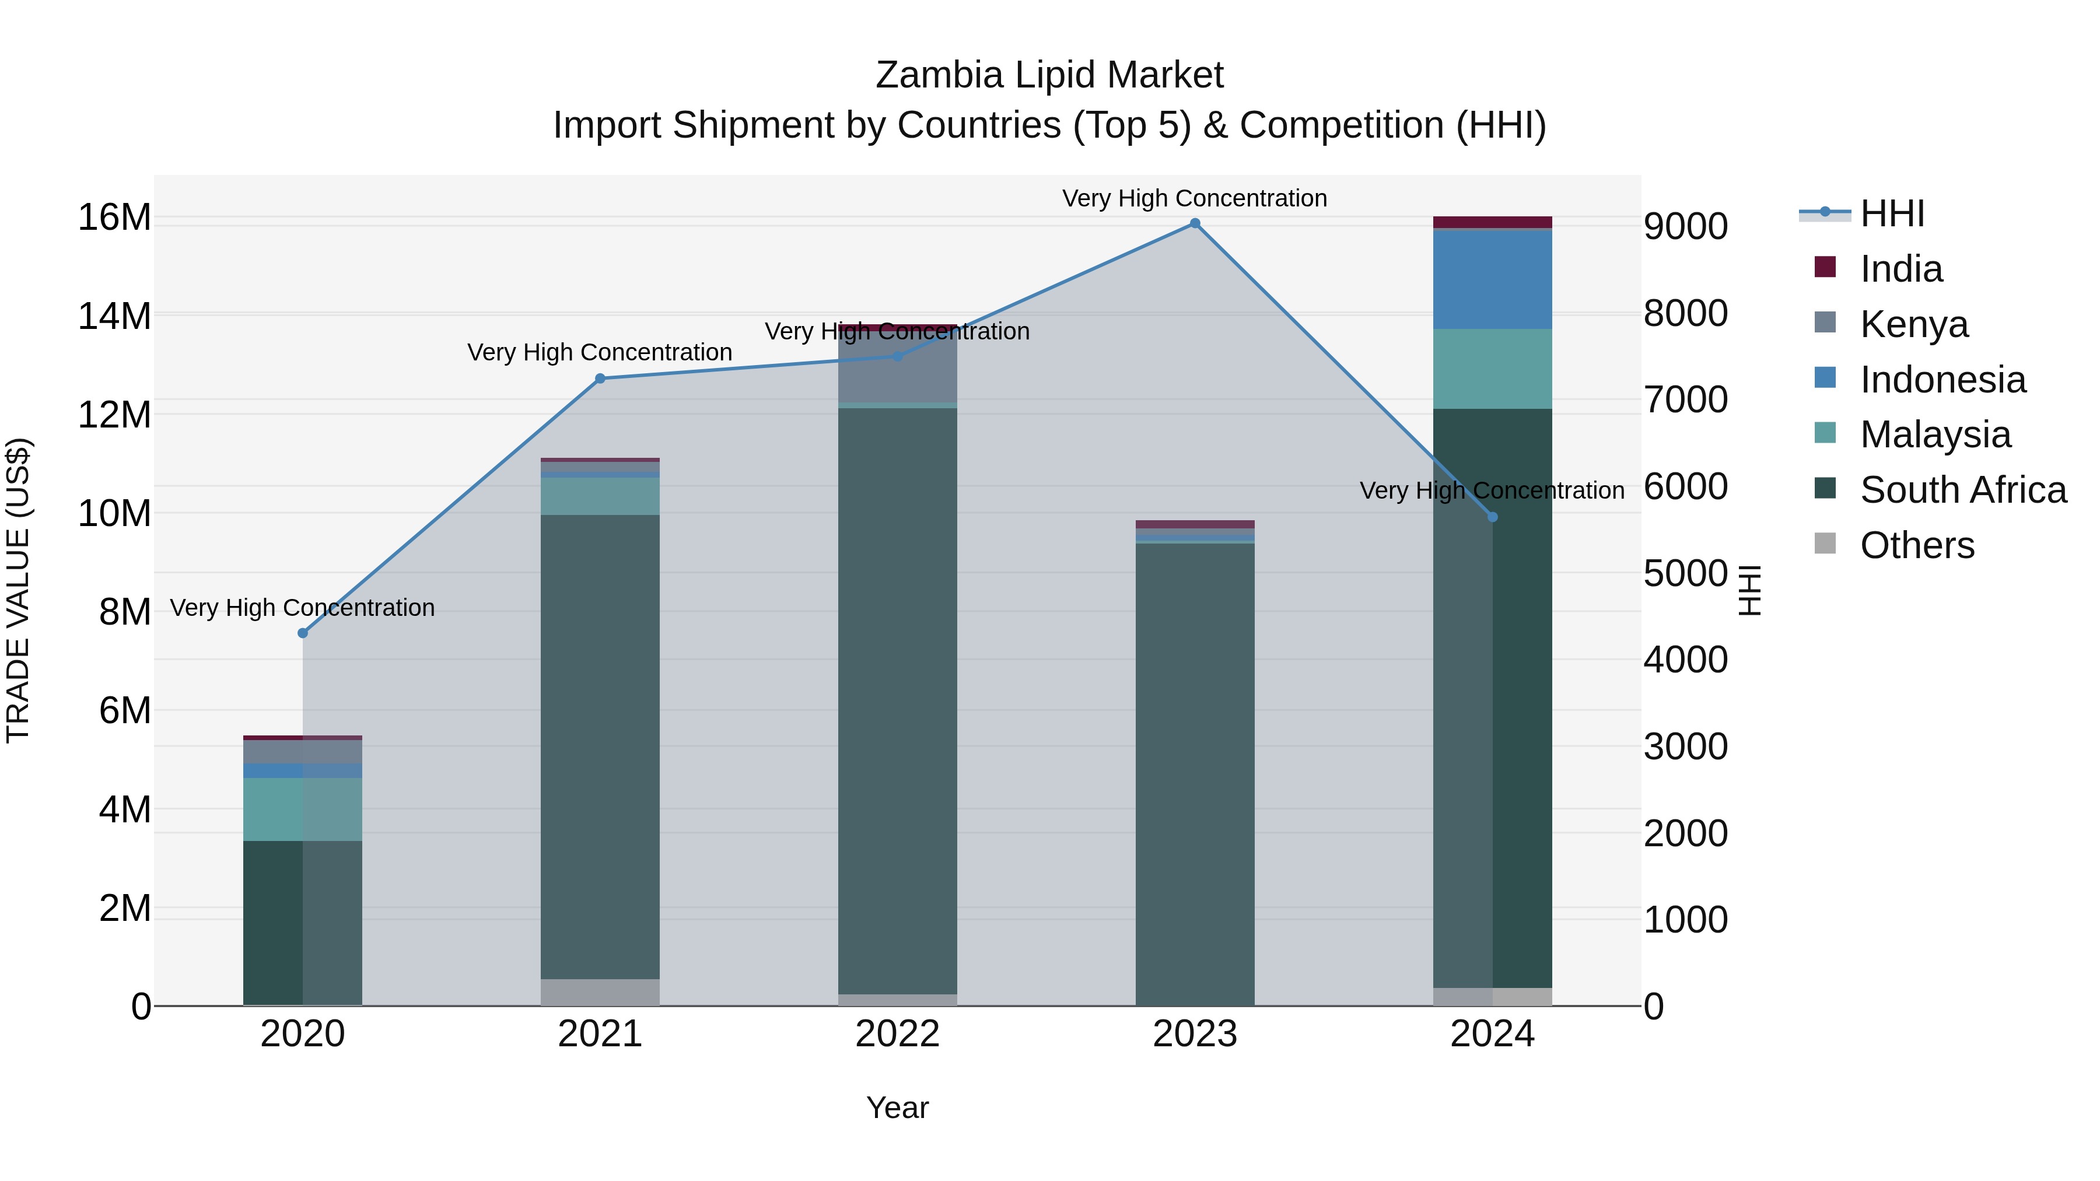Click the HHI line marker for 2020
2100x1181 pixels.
[302, 633]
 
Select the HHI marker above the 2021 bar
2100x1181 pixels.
[600, 378]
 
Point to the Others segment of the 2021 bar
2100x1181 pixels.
[600, 992]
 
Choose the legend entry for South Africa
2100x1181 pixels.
[1962, 490]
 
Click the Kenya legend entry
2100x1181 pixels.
[1913, 324]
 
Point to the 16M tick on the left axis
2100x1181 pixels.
[114, 218]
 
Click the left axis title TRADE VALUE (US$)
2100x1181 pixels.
[18, 590]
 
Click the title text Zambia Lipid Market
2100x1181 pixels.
[1049, 75]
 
